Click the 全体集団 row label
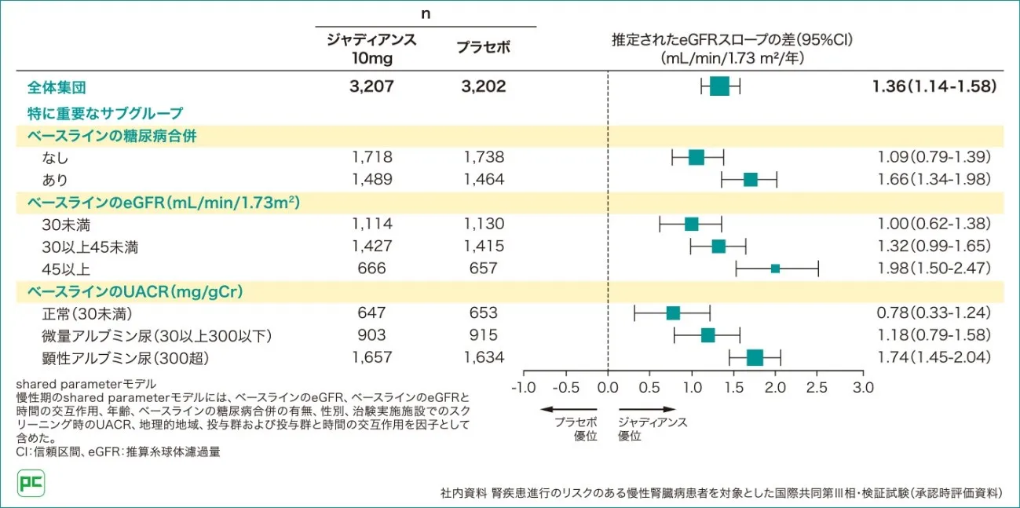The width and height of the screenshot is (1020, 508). coord(57,87)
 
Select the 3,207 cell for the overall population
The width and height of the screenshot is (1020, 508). coord(371,86)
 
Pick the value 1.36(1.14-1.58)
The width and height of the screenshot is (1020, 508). coord(934,86)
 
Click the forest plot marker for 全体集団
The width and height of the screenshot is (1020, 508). coord(719,86)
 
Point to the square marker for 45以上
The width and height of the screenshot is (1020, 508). coord(775,269)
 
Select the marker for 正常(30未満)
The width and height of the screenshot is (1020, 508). coord(673,313)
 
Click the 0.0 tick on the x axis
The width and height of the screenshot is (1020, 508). coord(608,387)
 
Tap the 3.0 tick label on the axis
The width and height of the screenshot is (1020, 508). coord(863,387)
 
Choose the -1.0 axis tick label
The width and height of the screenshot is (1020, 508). coord(523,387)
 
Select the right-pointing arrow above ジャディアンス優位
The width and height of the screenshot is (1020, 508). coord(647,408)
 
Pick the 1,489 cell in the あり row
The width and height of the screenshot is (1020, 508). coord(371,180)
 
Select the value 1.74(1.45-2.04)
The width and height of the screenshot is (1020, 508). coord(934,358)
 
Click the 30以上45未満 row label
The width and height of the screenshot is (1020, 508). coord(90,247)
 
